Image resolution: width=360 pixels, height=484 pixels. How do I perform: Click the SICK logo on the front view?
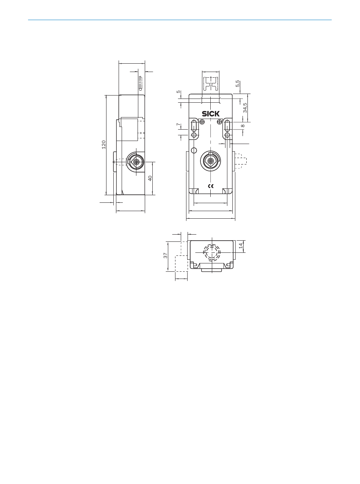pyautogui.click(x=211, y=114)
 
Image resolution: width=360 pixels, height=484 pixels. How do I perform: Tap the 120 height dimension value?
pyautogui.click(x=103, y=145)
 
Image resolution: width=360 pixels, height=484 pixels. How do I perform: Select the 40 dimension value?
pyautogui.click(x=150, y=178)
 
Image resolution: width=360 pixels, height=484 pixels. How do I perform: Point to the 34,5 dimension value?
pyautogui.click(x=245, y=108)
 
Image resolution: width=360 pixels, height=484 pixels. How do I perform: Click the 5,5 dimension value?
pyautogui.click(x=238, y=84)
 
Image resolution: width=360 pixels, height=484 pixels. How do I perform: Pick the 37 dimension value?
pyautogui.click(x=166, y=255)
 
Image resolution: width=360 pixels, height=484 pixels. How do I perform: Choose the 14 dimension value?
pyautogui.click(x=241, y=246)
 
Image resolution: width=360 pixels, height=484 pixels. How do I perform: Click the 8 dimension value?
pyautogui.click(x=243, y=126)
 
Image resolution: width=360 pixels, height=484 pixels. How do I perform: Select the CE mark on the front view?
pyautogui.click(x=211, y=186)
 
